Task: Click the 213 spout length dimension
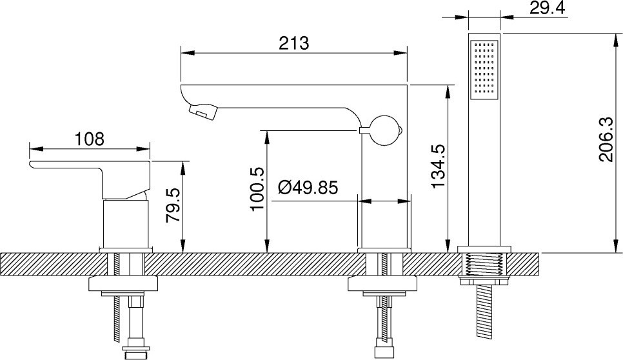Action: [x=293, y=43]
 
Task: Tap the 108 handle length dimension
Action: [x=90, y=139]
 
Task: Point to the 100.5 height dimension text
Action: [x=257, y=189]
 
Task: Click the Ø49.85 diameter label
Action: [x=308, y=188]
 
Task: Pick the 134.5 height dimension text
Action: [x=439, y=166]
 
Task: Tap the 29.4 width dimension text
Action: [x=547, y=8]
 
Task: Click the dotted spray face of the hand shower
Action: [x=484, y=69]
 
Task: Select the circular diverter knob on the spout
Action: [x=384, y=130]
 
